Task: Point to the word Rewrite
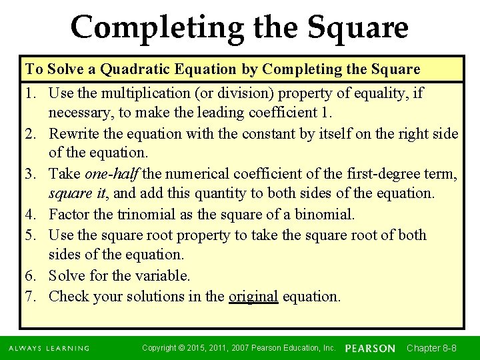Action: [x=75, y=133]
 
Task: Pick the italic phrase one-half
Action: [x=112, y=174]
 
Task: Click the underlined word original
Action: [x=253, y=296]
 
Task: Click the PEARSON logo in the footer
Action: [x=370, y=348]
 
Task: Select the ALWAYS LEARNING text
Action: [x=49, y=348]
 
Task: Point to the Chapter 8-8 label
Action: [x=431, y=348]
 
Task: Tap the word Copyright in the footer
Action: [x=161, y=347]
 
